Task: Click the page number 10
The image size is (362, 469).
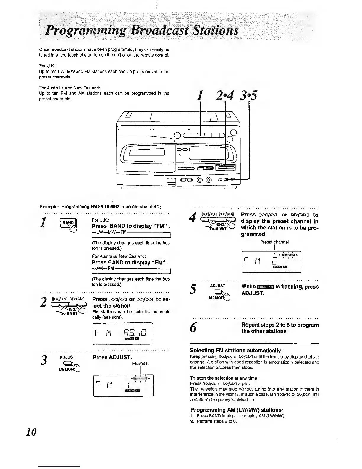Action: (x=31, y=432)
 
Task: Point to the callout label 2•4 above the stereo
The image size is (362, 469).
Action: (x=225, y=96)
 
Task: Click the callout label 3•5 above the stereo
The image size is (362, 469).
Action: (x=249, y=96)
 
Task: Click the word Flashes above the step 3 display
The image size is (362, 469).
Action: (x=140, y=363)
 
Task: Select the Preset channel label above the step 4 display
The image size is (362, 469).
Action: (x=274, y=242)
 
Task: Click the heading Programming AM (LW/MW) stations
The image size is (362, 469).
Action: (x=237, y=410)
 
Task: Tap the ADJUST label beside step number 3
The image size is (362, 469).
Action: (x=67, y=357)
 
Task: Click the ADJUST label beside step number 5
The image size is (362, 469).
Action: (x=217, y=286)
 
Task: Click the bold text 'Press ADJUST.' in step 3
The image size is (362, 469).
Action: (x=112, y=357)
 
